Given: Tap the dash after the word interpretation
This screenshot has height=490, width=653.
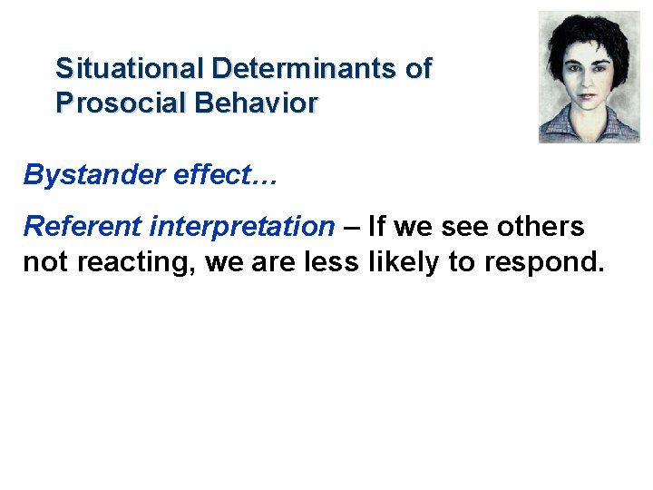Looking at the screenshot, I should [x=351, y=226].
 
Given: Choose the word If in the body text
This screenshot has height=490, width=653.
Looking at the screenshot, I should [x=376, y=226].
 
